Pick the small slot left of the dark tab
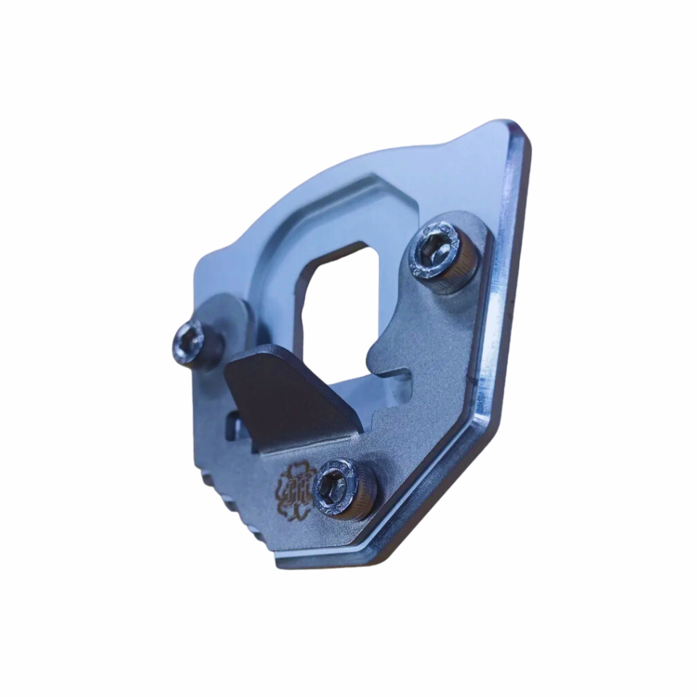(x=233, y=427)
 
